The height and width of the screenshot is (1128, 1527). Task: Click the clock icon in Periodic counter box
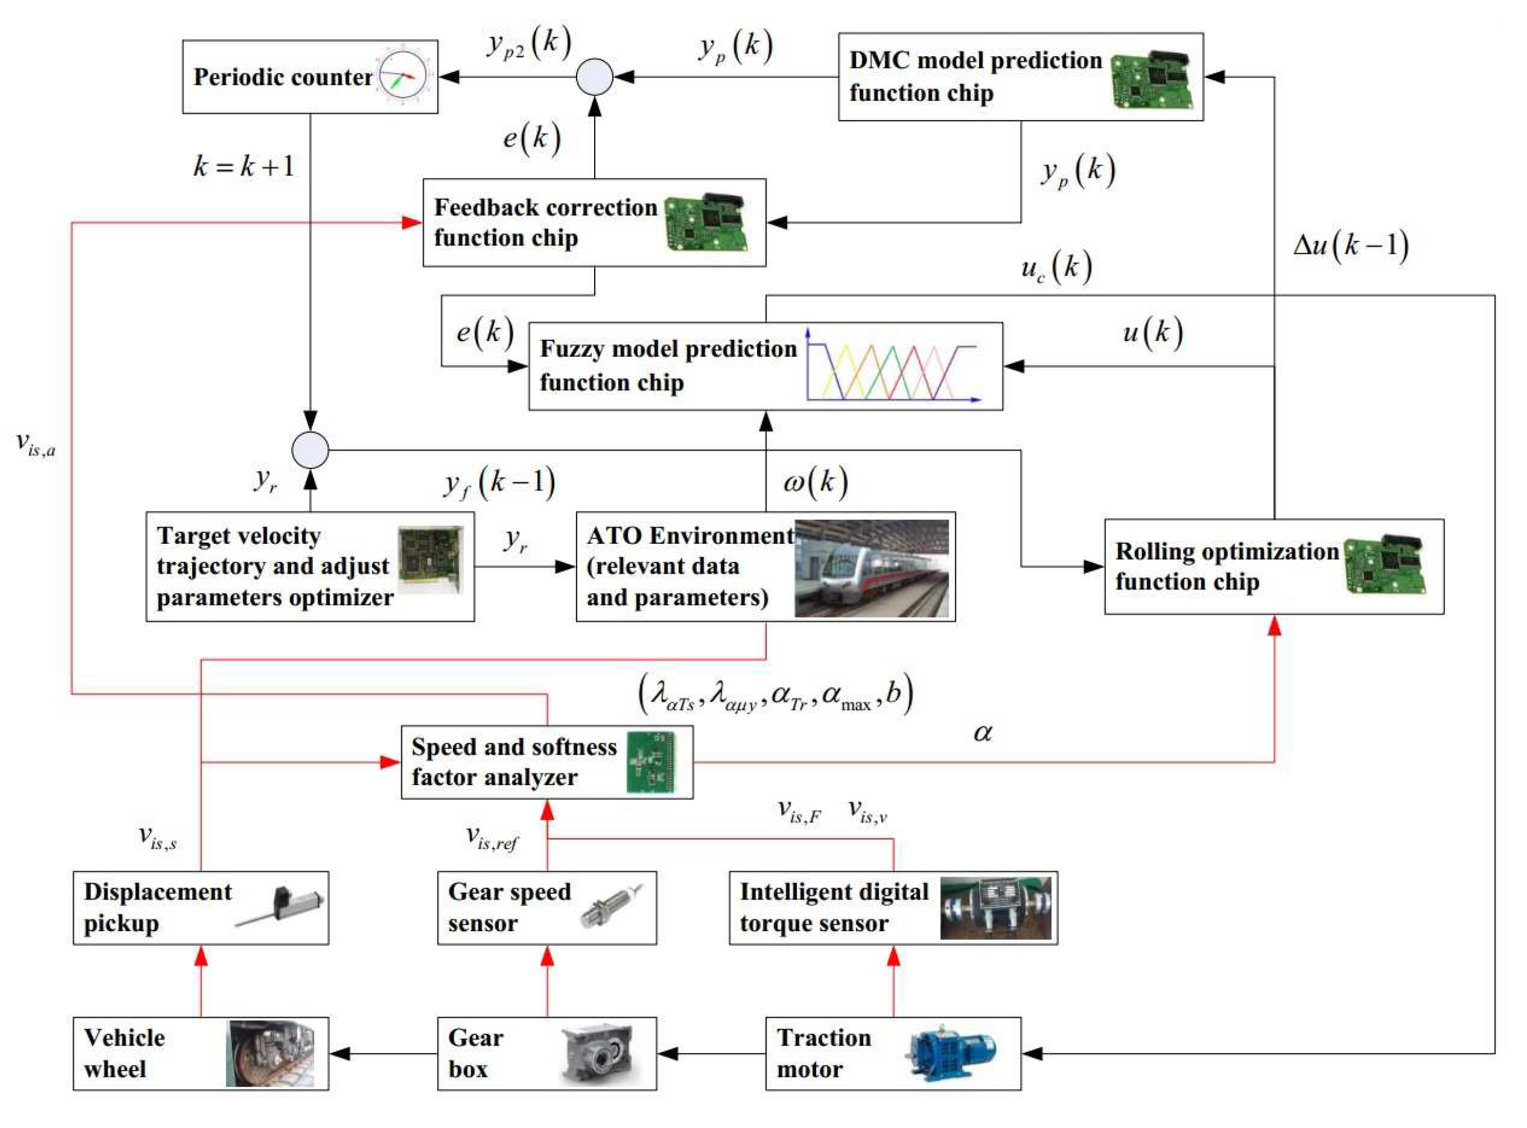click(403, 77)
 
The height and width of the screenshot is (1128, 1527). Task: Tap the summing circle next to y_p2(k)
click(595, 77)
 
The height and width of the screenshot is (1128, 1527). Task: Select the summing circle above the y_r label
click(311, 451)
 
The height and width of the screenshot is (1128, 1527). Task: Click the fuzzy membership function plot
click(893, 367)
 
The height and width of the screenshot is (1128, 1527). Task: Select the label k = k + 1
click(244, 166)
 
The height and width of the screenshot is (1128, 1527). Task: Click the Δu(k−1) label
click(1350, 244)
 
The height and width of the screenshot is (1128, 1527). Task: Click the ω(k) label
click(816, 482)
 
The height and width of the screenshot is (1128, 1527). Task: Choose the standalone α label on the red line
click(982, 732)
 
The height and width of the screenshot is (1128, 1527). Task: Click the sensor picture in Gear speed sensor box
click(611, 907)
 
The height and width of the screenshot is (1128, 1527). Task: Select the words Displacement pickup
click(157, 908)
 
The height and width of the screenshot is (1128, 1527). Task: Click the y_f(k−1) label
click(500, 483)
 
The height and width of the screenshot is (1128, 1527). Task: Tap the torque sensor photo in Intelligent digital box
click(996, 908)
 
